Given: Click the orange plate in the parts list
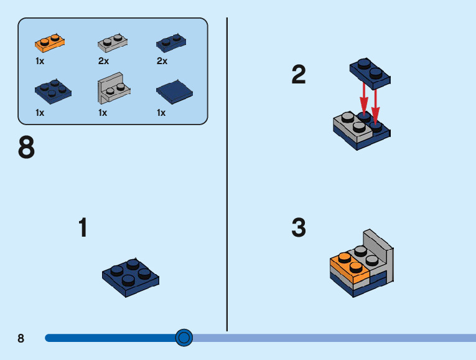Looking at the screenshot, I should coord(50,43).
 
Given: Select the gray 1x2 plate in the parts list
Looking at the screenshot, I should coord(113,43).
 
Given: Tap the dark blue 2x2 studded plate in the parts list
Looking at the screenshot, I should coord(53,90).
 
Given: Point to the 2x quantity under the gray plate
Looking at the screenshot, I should coord(103,61).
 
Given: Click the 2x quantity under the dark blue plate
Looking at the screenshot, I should coord(162,61).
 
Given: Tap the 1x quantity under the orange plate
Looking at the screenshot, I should coord(40,61).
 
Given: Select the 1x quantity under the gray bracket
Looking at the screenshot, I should coord(103,113).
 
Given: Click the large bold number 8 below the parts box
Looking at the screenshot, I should coord(27,148).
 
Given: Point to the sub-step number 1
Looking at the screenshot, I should coord(83,228).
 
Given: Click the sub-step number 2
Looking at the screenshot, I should coord(299,75).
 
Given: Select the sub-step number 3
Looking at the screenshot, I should coord(299,228).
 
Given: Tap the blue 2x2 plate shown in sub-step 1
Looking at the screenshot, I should coord(130,277).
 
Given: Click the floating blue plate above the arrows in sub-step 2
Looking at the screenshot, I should coord(370,70).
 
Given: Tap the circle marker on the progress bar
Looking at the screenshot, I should coord(184,338).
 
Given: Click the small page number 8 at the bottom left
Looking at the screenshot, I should coord(21,338).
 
